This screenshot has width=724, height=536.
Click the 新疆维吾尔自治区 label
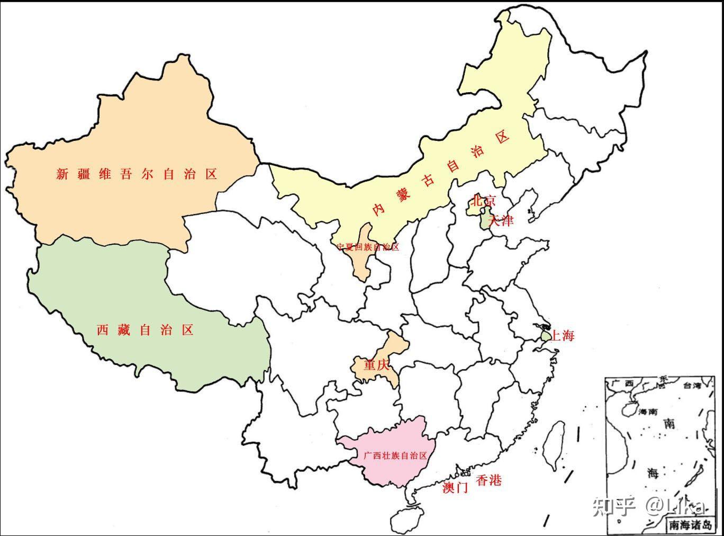(137, 174)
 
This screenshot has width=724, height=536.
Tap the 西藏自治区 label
(145, 330)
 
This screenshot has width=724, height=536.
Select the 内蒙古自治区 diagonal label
(440, 173)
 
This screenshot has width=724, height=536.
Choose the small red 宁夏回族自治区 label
(368, 247)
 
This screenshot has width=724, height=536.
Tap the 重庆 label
(376, 365)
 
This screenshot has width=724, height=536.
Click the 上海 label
(563, 335)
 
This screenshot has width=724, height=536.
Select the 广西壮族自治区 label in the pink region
(395, 455)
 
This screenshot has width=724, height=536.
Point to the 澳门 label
(455, 488)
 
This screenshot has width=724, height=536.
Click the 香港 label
(488, 481)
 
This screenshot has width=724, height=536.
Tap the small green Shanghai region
(545, 336)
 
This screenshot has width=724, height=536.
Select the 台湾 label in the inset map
(692, 386)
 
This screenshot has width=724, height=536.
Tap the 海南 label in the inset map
(648, 412)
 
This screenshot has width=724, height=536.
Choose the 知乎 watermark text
(613, 506)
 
